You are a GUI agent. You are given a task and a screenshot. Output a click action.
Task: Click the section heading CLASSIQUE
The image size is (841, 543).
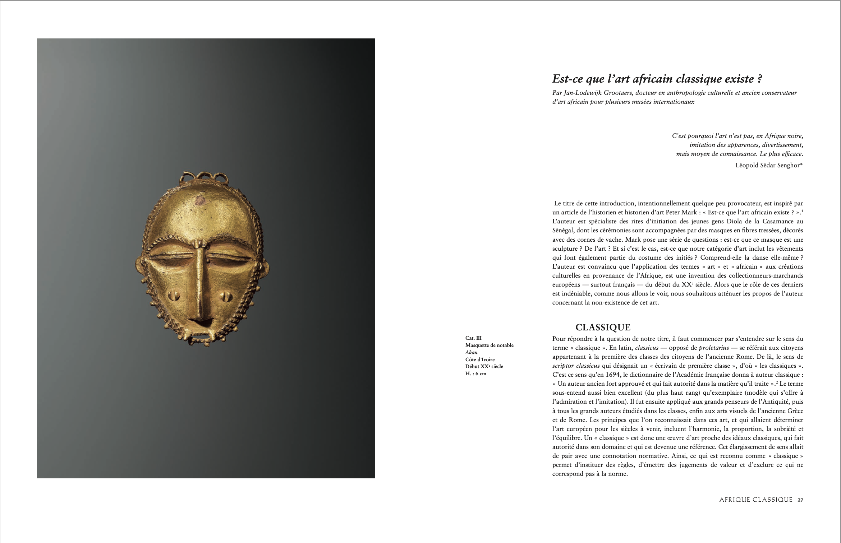603,327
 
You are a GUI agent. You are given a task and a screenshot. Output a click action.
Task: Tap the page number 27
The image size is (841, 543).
800,500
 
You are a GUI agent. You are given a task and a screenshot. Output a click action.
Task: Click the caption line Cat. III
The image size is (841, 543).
473,338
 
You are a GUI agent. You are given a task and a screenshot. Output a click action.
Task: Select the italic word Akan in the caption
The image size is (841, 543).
471,352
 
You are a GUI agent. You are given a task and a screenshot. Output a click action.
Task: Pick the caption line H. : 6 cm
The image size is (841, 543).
475,373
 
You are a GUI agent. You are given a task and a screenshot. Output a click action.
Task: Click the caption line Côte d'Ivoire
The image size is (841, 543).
480,359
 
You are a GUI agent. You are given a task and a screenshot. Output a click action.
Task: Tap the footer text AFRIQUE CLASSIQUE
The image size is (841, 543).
755,500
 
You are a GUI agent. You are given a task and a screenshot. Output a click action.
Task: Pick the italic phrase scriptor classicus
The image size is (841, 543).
576,366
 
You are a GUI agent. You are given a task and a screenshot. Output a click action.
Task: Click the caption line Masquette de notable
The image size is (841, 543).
489,345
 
